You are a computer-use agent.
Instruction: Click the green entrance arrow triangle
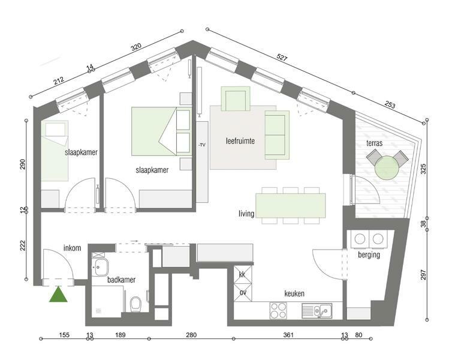click(58, 295)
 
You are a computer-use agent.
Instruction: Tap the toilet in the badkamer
click(135, 304)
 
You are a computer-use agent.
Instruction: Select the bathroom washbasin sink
click(100, 267)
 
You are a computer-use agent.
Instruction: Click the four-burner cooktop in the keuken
click(279, 311)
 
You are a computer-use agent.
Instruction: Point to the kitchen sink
click(317, 311)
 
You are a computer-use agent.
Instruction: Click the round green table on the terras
click(387, 167)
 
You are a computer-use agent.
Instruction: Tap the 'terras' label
click(375, 143)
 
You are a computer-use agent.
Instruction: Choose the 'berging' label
click(369, 255)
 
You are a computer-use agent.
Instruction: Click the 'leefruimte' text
click(240, 141)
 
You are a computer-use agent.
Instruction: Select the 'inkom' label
click(72, 248)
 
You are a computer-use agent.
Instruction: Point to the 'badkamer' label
click(121, 280)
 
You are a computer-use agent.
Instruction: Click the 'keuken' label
click(294, 293)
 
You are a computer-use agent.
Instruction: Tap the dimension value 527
click(282, 58)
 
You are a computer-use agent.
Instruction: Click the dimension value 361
click(288, 335)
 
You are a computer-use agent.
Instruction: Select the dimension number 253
click(390, 105)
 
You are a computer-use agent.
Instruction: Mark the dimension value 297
click(423, 275)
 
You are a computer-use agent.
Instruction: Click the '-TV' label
click(202, 145)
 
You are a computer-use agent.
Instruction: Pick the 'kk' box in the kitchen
click(242, 275)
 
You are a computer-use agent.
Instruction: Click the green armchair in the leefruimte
click(235, 99)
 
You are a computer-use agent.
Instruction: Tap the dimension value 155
click(64, 335)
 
